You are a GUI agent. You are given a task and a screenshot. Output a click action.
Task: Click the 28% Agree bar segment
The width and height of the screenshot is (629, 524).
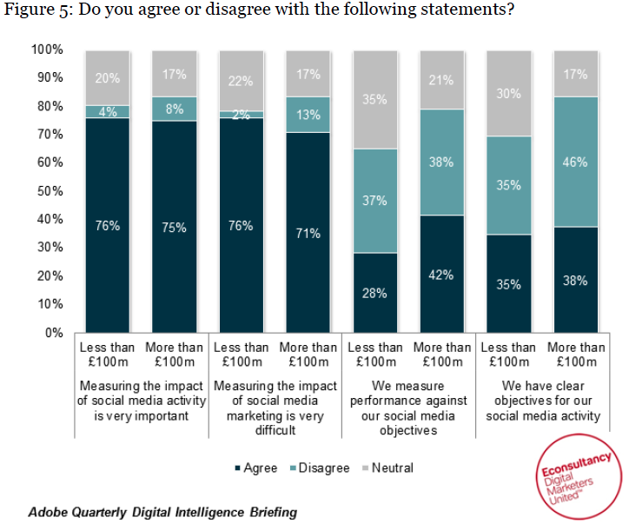(374, 293)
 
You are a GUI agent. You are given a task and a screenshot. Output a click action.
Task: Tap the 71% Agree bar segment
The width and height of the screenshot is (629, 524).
(308, 232)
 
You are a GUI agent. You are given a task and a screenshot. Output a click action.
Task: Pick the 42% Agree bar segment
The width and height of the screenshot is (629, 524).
(441, 274)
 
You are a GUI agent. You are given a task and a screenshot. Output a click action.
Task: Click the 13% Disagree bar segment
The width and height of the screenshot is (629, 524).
(308, 114)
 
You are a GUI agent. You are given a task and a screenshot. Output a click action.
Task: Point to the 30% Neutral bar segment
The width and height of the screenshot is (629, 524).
(508, 93)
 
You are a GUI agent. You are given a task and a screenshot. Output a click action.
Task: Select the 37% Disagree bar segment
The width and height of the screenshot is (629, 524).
(374, 201)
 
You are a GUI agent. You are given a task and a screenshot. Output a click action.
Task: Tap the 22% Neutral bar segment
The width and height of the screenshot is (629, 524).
(241, 81)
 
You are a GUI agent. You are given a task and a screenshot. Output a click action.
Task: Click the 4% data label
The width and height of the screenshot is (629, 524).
(107, 111)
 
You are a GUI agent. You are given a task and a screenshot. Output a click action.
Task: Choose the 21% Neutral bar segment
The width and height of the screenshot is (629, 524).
(441, 80)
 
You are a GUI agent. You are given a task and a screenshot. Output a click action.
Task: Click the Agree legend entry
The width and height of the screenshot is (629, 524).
(256, 468)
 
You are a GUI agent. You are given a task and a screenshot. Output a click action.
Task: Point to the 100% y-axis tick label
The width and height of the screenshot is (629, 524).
(48, 49)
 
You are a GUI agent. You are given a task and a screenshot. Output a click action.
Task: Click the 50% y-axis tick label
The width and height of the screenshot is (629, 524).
(51, 190)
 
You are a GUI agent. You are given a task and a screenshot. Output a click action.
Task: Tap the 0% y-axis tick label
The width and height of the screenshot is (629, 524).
(54, 332)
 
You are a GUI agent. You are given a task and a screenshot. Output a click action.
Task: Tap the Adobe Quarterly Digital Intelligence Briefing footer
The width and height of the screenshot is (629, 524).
(162, 512)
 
